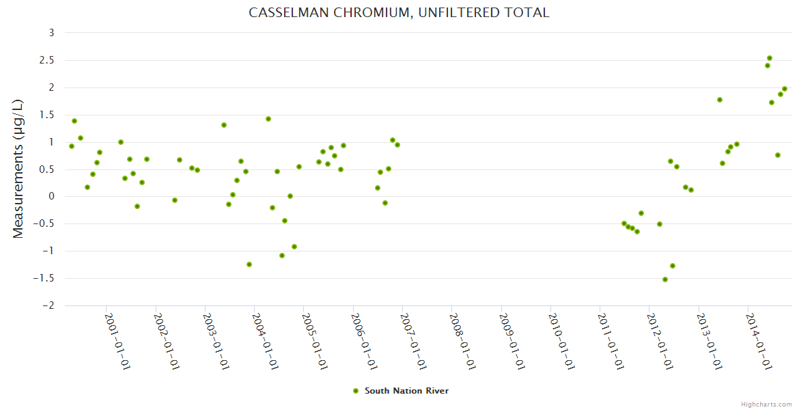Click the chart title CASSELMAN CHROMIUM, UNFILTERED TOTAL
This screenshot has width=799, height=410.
click(399, 12)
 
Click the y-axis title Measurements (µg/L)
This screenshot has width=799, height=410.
click(18, 169)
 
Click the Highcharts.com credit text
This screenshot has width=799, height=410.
click(766, 404)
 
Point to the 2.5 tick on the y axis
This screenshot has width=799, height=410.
click(46, 60)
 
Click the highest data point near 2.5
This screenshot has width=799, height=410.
click(770, 58)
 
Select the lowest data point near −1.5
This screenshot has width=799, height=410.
click(665, 279)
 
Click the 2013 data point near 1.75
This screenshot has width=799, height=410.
click(720, 100)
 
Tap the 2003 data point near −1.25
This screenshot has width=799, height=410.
click(249, 264)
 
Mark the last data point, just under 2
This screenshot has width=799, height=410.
click(785, 89)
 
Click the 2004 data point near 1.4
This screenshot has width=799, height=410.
click(268, 119)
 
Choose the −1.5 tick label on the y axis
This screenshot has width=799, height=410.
click(44, 278)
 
